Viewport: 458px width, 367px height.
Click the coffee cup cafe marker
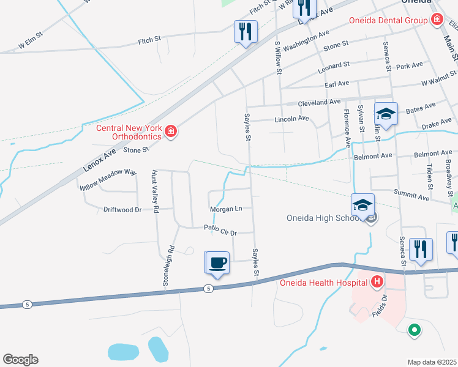[x=217, y=263]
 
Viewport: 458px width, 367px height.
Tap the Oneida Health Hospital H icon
[x=378, y=282]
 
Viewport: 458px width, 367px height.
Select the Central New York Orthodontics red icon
[x=171, y=132]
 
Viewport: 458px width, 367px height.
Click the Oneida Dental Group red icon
[x=437, y=20]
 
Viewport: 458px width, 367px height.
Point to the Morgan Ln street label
[x=226, y=209]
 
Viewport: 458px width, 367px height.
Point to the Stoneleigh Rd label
[x=166, y=266]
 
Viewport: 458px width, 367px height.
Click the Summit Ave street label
[x=413, y=197]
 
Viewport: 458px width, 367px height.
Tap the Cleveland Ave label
[x=319, y=102]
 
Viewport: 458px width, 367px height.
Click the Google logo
[x=20, y=360]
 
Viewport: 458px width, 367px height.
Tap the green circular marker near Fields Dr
[x=415, y=331]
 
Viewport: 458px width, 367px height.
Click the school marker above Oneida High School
[x=363, y=206]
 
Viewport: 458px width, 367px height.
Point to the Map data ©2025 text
[x=432, y=362]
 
